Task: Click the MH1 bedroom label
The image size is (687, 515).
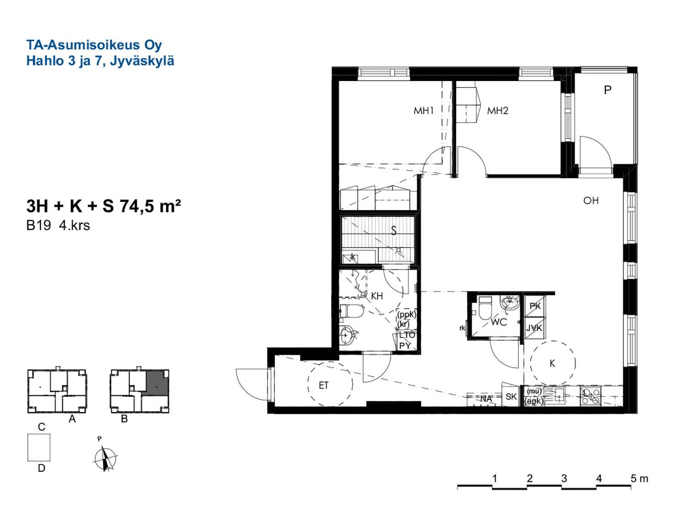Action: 424,111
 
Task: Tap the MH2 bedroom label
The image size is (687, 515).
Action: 497,111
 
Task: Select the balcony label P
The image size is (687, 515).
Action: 607,90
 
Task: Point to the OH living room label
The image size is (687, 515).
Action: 591,201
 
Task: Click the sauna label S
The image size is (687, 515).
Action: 394,231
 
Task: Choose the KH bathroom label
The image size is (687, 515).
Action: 376,296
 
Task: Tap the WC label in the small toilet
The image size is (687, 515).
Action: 499,322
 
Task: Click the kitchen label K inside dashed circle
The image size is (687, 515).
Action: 552,363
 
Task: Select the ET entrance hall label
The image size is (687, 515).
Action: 324,385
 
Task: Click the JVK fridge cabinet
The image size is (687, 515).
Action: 535,328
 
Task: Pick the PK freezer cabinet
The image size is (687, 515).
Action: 535,306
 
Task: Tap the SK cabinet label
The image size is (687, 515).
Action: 511,397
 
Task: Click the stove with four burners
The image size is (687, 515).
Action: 590,396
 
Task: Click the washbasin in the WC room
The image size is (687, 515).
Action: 510,303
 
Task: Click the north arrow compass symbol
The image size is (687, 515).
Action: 105,458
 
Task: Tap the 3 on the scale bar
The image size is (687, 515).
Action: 564,478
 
